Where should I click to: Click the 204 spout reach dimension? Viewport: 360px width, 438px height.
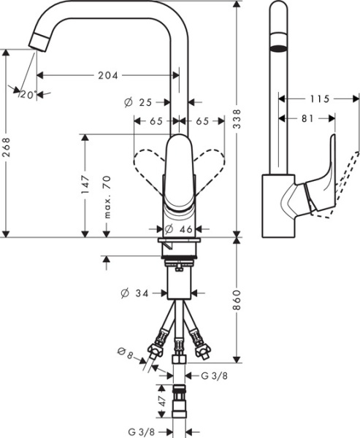(108, 74)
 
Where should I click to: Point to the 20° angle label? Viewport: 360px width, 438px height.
(28, 94)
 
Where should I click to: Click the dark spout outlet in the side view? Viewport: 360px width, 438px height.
(278, 49)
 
